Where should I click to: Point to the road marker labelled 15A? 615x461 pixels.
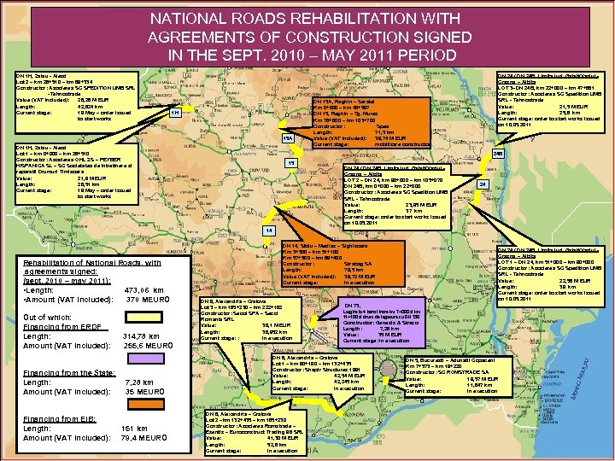[288, 138]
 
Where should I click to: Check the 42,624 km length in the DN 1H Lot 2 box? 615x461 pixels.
[90, 105]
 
